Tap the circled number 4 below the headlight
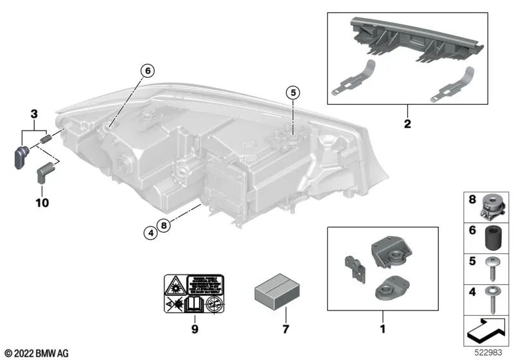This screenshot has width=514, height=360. tap(150, 235)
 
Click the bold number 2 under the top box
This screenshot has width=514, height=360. tap(407, 122)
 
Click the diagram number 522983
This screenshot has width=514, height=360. tap(488, 352)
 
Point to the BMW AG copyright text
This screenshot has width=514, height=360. tap(36, 353)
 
